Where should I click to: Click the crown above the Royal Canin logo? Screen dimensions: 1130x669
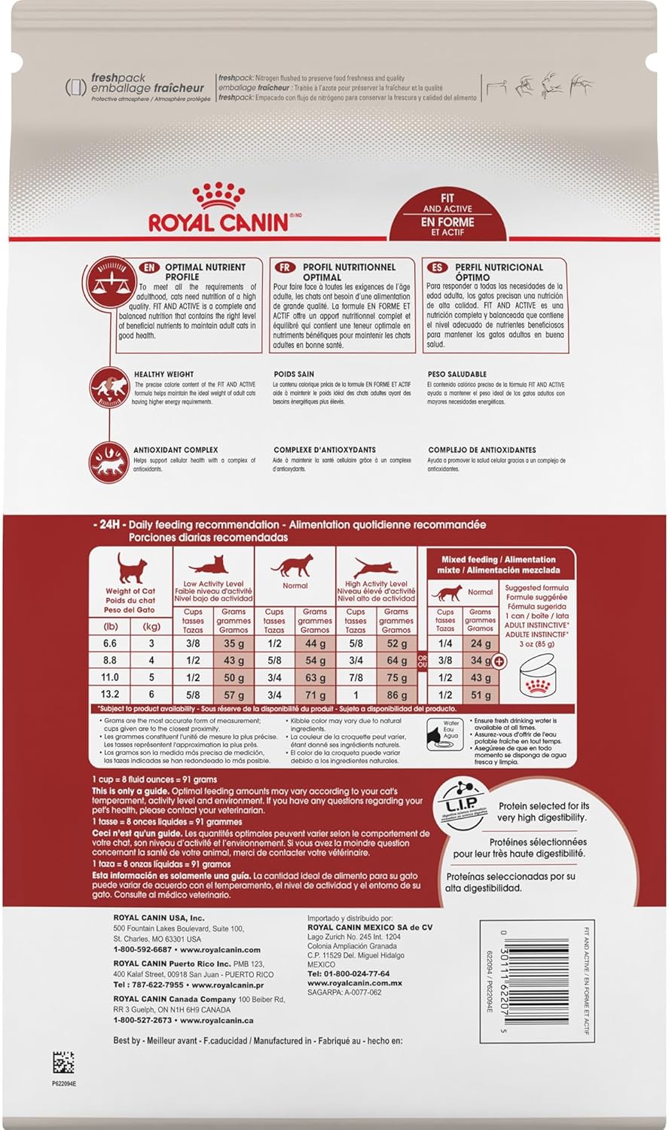(x=218, y=197)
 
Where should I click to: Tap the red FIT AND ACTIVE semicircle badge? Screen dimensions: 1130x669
(x=448, y=216)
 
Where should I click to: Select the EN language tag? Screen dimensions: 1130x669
(x=149, y=267)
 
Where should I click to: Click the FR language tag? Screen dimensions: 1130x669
(x=285, y=267)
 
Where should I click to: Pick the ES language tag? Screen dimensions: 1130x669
(x=436, y=267)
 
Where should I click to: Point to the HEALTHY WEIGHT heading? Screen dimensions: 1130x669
(x=163, y=374)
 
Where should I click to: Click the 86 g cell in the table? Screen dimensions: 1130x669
(x=396, y=695)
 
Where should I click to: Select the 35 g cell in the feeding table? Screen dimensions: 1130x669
(x=234, y=644)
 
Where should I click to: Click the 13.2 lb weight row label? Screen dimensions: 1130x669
(x=109, y=695)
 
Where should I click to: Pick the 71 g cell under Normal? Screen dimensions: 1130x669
(x=315, y=695)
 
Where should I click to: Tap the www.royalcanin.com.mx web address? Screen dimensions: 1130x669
(x=354, y=983)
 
